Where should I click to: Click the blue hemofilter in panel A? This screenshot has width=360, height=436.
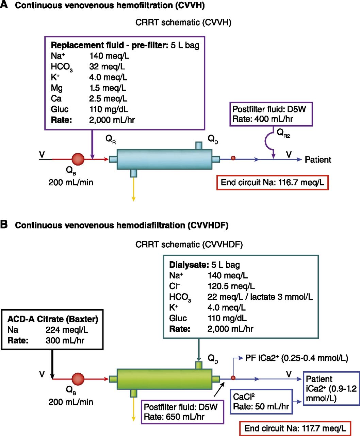164,159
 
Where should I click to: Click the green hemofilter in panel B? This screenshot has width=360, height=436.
164,379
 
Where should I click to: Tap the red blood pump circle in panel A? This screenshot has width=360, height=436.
78,159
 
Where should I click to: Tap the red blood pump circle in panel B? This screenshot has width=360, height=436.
78,379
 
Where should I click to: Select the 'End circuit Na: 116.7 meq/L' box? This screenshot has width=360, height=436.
272,183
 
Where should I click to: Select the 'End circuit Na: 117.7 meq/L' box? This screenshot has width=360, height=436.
295,428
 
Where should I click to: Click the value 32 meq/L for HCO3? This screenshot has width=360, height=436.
107,67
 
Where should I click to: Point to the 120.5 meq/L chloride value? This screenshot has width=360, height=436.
231,286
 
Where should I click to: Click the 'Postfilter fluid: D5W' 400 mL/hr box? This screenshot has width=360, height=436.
271,114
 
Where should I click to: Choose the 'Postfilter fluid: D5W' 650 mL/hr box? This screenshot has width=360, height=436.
182,412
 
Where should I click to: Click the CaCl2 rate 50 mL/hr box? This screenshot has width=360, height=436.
261,402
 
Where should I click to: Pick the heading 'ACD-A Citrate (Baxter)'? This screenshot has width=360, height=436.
53,319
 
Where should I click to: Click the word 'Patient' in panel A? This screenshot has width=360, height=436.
317,160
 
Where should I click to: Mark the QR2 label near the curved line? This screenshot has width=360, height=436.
283,133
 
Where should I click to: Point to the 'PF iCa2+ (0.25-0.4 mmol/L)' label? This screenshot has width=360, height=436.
296,358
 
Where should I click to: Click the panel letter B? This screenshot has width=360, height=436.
4,225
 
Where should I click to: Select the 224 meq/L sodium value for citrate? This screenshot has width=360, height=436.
67,330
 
